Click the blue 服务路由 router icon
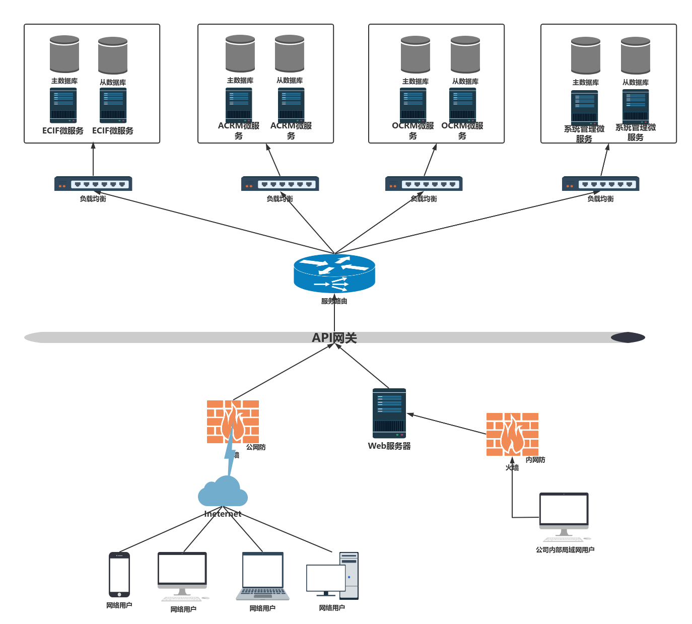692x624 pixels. pyautogui.click(x=334, y=273)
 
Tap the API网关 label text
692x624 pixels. pyautogui.click(x=334, y=338)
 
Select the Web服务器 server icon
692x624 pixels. pyautogui.click(x=389, y=413)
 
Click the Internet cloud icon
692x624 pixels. pyautogui.click(x=223, y=492)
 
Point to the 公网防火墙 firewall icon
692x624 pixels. pyautogui.click(x=233, y=422)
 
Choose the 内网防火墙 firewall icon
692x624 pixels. pyautogui.click(x=512, y=434)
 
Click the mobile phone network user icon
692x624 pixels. pyautogui.click(x=119, y=575)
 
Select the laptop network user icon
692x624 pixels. pyautogui.click(x=262, y=576)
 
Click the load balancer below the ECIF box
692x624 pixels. pyautogui.click(x=93, y=184)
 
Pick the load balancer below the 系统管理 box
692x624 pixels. pyautogui.click(x=600, y=184)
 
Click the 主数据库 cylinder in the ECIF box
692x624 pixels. pyautogui.click(x=64, y=54)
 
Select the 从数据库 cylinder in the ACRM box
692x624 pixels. pyautogui.click(x=290, y=53)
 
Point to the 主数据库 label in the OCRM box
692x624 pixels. pyautogui.click(x=416, y=82)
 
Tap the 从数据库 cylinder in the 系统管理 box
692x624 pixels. pyautogui.click(x=636, y=55)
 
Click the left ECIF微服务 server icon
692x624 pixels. pyautogui.click(x=63, y=105)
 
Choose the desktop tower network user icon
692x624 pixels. pyautogui.click(x=333, y=576)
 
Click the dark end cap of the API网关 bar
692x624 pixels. pyautogui.click(x=628, y=337)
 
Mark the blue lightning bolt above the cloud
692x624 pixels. pyautogui.click(x=230, y=453)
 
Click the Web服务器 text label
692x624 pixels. pyautogui.click(x=389, y=446)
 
